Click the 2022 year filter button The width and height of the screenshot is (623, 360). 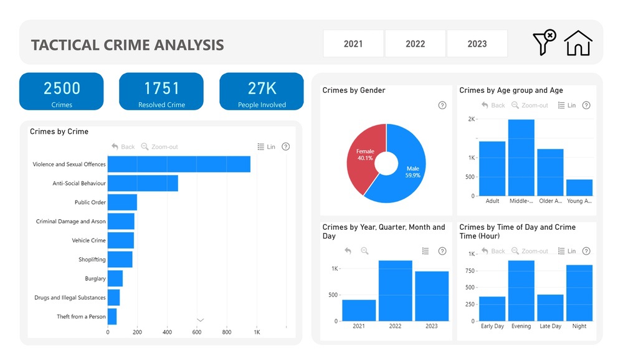[x=415, y=44]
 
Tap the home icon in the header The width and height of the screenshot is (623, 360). [x=578, y=44]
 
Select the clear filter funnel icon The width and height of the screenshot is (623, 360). [x=544, y=42]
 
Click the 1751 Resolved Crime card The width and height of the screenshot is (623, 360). [x=161, y=92]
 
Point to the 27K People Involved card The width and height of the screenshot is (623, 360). [x=262, y=92]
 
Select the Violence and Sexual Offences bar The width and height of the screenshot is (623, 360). [x=179, y=164]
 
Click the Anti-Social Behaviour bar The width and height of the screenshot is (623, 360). [x=143, y=183]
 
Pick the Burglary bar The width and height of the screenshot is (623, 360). [x=115, y=278]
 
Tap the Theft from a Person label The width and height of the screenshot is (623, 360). [x=81, y=316]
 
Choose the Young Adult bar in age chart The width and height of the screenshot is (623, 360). [x=579, y=187]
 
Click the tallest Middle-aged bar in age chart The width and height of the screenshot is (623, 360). [x=521, y=158]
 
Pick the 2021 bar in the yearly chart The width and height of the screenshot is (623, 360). [x=359, y=310]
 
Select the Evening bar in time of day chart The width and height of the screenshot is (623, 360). [x=521, y=291]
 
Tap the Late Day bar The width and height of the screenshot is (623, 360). [x=550, y=308]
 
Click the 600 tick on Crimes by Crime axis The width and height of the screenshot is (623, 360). [x=197, y=332]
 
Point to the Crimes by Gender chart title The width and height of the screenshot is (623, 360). [x=354, y=90]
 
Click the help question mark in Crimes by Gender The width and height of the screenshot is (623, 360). [x=442, y=105]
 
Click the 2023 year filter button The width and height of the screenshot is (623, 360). [x=477, y=44]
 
